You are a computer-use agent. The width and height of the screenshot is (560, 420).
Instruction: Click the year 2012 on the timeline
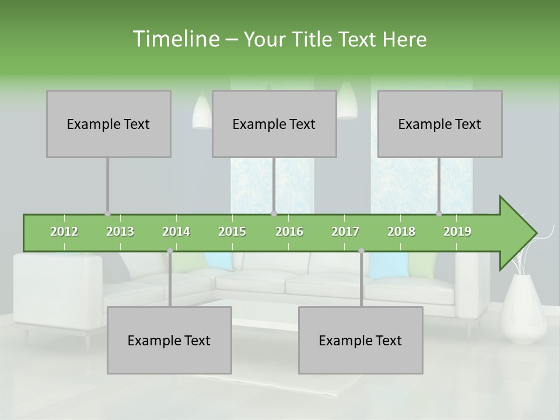pyautogui.click(x=64, y=232)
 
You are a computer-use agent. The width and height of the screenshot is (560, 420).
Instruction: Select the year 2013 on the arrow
pyautogui.click(x=120, y=232)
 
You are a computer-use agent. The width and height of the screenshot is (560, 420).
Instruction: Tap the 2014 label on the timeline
pyautogui.click(x=176, y=232)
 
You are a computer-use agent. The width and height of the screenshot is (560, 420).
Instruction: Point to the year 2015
pyautogui.click(x=232, y=232)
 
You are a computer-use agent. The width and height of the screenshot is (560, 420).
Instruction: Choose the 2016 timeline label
pyautogui.click(x=289, y=232)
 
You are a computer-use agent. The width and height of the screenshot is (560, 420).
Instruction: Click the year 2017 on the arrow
pyautogui.click(x=345, y=232)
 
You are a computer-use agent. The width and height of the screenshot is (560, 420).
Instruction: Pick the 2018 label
pyautogui.click(x=401, y=232)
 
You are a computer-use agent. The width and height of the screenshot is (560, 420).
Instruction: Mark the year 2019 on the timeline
pyautogui.click(x=457, y=232)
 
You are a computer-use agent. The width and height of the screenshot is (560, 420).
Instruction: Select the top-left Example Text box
pyautogui.click(x=108, y=124)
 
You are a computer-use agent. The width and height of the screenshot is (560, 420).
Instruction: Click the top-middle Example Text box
pyautogui.click(x=274, y=124)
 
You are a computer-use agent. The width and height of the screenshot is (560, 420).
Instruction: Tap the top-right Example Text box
pyautogui.click(x=440, y=124)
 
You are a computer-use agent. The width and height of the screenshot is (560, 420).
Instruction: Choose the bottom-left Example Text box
pyautogui.click(x=169, y=340)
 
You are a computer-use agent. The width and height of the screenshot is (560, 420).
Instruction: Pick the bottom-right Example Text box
pyautogui.click(x=360, y=340)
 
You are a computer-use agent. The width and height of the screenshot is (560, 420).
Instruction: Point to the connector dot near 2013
pyautogui.click(x=107, y=214)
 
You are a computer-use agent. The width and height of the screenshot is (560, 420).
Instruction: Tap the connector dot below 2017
pyautogui.click(x=361, y=251)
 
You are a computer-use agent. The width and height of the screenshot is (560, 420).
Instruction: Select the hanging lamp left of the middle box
pyautogui.click(x=202, y=112)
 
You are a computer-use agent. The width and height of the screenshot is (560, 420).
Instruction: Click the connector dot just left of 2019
pyautogui.click(x=439, y=214)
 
